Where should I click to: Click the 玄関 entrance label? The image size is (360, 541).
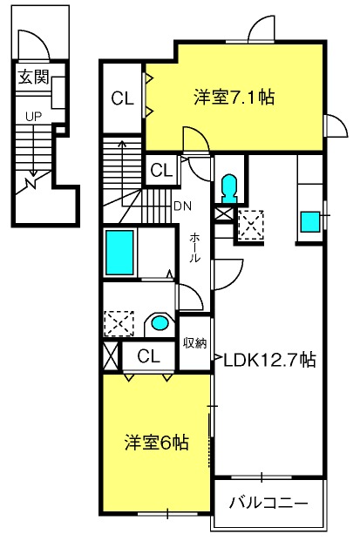[x=33, y=77]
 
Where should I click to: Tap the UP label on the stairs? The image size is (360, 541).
[x=33, y=116]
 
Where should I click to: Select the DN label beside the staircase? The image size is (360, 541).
[x=182, y=206]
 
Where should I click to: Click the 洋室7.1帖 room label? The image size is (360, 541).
[x=234, y=98]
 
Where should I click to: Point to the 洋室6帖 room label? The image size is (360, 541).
[x=156, y=443]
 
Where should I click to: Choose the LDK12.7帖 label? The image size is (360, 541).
[x=269, y=360]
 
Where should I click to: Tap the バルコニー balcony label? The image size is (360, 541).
[x=268, y=503]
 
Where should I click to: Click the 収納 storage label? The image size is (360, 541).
[x=194, y=343]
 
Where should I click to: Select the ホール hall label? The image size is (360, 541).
[x=194, y=247]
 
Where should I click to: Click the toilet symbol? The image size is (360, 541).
[x=229, y=188]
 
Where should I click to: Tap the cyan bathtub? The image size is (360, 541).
[x=119, y=253]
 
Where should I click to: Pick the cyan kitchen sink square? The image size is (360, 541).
[x=309, y=222]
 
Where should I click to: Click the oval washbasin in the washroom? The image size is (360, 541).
[x=160, y=323]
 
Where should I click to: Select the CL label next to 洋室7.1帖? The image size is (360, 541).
[x=122, y=98]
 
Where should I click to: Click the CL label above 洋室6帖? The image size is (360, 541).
[x=149, y=355]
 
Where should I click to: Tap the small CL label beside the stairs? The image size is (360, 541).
[x=161, y=170]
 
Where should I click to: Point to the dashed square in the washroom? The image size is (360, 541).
[x=119, y=323]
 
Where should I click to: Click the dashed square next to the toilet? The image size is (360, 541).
[x=251, y=225]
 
